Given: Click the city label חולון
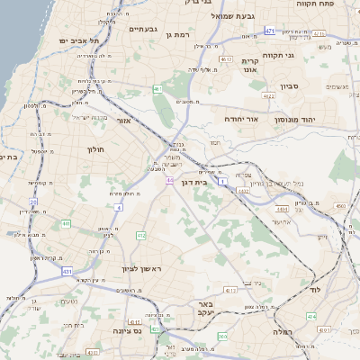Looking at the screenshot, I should (96, 149).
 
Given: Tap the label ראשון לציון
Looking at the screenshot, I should (141, 269).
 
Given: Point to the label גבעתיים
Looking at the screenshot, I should (142, 29).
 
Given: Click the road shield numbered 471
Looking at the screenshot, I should (271, 31).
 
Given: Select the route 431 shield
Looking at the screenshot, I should (67, 270).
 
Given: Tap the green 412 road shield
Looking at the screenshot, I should (141, 235).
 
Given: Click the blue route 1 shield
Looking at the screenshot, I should (220, 181).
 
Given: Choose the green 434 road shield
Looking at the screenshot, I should (311, 317).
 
